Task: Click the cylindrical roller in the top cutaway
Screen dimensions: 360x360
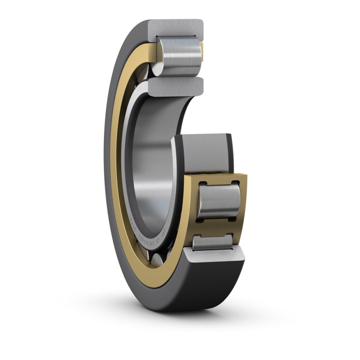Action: pos(178,58)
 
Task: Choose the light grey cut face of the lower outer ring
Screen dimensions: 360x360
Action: pos(216,260)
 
